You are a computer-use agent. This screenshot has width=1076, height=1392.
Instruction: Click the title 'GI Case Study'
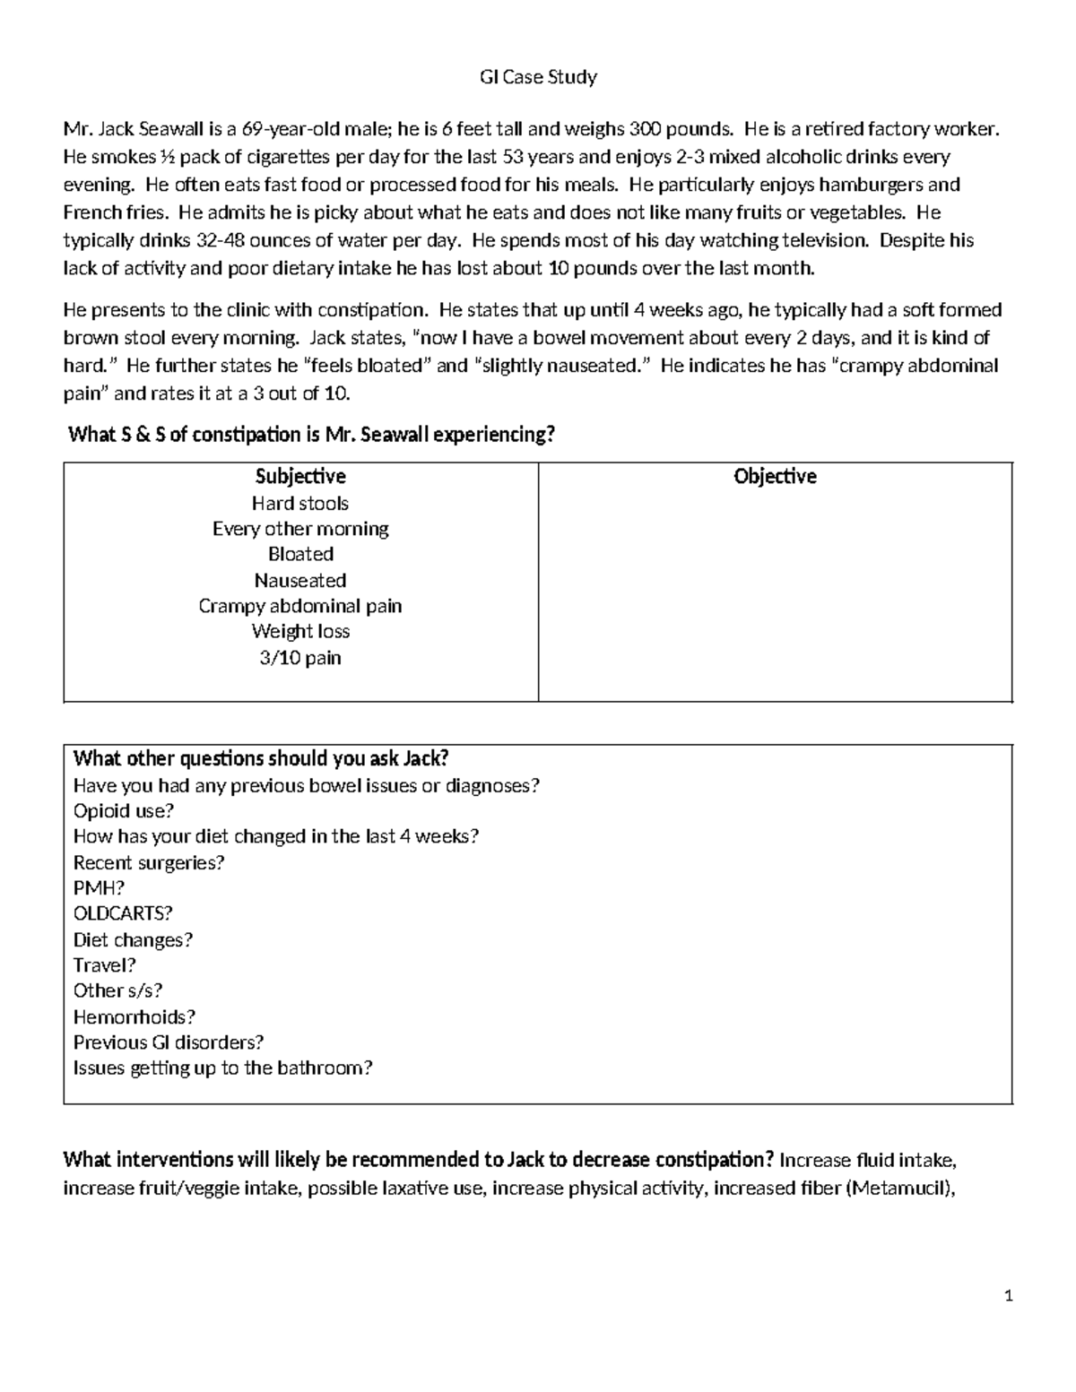[538, 77]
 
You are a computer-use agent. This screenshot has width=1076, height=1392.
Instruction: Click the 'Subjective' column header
[300, 476]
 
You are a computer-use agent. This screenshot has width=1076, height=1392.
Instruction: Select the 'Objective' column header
[775, 476]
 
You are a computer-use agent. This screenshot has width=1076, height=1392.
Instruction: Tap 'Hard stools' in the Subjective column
[300, 503]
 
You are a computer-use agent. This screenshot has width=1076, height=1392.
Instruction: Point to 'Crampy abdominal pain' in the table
[300, 606]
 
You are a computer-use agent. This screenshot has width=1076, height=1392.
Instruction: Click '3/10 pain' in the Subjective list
[300, 658]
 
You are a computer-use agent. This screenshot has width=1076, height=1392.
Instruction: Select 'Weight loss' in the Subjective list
[300, 631]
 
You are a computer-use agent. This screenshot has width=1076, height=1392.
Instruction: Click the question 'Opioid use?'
[123, 810]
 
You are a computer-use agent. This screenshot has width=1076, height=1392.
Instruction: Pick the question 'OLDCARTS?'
[123, 913]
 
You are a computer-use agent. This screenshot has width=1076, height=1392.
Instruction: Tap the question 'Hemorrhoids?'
[134, 1016]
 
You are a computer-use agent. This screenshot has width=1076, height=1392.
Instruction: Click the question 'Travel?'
[104, 965]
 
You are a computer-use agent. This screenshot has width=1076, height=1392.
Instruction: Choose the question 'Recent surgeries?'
[148, 862]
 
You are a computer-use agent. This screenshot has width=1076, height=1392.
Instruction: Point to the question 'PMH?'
[99, 888]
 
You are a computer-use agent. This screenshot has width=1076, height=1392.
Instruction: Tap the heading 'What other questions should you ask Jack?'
[260, 759]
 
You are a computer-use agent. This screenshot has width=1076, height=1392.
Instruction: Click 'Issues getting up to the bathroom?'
[222, 1068]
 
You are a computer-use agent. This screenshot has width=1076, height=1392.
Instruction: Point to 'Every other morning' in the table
[300, 529]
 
